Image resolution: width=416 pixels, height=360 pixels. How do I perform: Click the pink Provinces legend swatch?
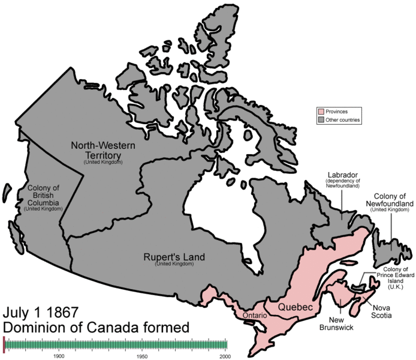pyautogui.click(x=321, y=112)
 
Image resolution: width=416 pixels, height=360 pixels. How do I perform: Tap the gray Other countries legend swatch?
pyautogui.click(x=321, y=120)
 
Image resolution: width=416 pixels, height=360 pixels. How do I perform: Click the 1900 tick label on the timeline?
pyautogui.click(x=58, y=356)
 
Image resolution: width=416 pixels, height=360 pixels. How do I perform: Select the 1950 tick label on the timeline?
pyautogui.click(x=142, y=356)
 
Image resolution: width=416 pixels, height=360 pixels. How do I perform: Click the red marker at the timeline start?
pyautogui.click(x=4, y=344)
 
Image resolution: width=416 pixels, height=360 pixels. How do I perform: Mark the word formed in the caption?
pyautogui.click(x=168, y=328)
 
